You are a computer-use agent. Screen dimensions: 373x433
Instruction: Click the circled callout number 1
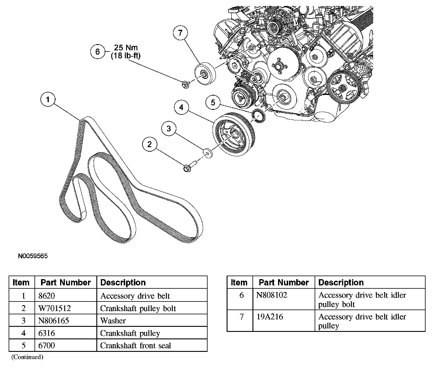[48, 100]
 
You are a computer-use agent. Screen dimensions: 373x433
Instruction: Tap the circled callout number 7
[181, 33]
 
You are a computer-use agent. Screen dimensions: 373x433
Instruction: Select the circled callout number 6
[98, 52]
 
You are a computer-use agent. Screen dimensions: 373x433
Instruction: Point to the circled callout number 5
[213, 102]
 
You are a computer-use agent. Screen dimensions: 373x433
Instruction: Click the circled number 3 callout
[169, 129]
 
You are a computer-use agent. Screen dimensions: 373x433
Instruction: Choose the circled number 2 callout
[150, 144]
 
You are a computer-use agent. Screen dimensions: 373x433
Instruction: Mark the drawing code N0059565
[33, 256]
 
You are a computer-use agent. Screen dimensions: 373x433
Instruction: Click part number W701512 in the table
[55, 308]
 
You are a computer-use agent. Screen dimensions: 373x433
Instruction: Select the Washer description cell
[113, 321]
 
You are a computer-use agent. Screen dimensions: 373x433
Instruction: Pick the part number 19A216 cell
[270, 317]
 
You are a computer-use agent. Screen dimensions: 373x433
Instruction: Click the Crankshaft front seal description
[136, 346]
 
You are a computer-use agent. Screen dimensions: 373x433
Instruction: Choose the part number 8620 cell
[47, 296]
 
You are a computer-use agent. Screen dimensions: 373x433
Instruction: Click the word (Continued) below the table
[27, 357]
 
